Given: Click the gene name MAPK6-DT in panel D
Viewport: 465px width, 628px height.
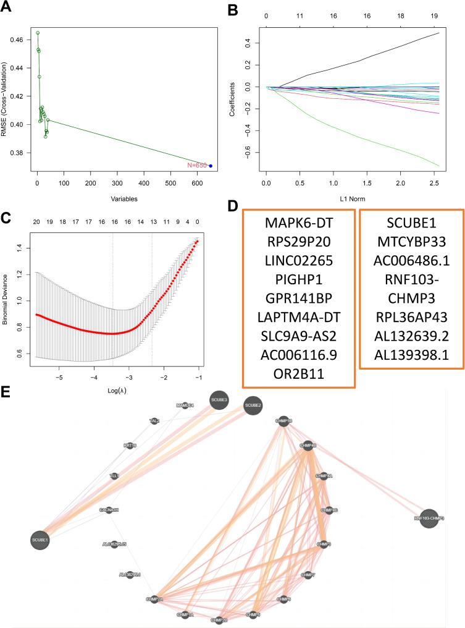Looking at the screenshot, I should pyautogui.click(x=299, y=221).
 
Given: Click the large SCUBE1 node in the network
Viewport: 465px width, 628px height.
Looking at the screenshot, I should pyautogui.click(x=40, y=540).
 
